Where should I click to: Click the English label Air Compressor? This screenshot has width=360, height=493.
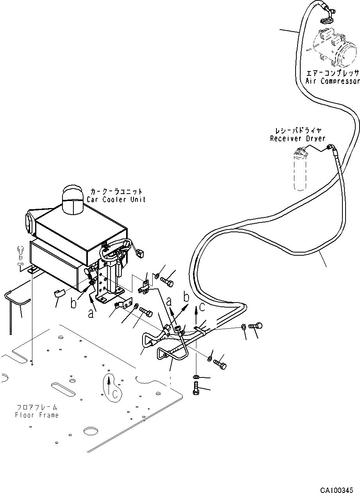tap(332, 81)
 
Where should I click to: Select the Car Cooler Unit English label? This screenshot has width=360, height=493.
tap(117, 199)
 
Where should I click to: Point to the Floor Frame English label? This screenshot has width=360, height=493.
tap(37, 415)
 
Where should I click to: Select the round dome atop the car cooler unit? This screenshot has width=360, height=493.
tap(72, 199)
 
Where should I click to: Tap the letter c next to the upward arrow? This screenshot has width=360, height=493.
tap(202, 307)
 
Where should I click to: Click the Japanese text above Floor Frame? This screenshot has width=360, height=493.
tap(37, 408)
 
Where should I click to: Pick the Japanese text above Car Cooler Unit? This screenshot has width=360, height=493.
tap(117, 192)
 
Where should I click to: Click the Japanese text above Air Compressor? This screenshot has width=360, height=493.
tap(332, 73)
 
